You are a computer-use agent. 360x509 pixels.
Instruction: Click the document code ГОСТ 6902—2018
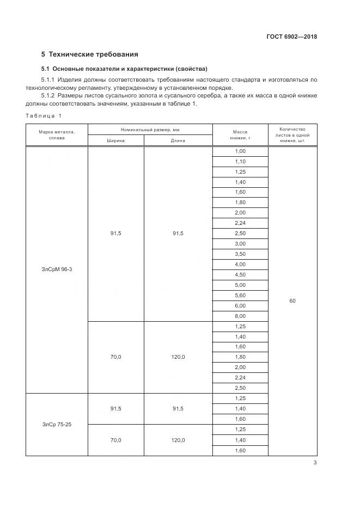coord(292,37)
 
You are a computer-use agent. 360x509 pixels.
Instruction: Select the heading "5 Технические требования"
coord(90,54)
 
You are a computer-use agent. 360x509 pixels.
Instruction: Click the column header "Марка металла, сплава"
coord(57,134)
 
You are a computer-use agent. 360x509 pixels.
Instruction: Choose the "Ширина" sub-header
coord(116,140)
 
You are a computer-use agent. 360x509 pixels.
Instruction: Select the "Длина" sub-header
coord(178,140)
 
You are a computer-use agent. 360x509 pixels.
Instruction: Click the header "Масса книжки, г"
coord(240,134)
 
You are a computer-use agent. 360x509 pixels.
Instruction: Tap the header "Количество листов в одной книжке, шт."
coord(292,134)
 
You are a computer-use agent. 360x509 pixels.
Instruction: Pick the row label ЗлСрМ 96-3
coord(57,269)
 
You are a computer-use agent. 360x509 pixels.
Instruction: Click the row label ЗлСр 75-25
coord(57,424)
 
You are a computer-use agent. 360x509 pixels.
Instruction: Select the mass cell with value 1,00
coord(240,151)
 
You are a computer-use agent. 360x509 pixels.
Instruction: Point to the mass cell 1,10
coord(240,162)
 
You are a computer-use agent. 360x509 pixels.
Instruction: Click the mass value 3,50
coord(240,254)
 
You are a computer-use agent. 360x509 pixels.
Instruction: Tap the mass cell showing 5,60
coord(240,295)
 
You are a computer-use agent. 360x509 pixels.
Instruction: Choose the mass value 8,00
coord(240,316)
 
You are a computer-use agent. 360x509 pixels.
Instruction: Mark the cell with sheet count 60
coord(292,301)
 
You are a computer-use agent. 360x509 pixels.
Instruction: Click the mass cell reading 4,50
coord(240,274)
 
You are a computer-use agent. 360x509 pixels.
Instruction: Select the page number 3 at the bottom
coord(315,463)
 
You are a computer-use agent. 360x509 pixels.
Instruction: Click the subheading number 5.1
coord(46,69)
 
